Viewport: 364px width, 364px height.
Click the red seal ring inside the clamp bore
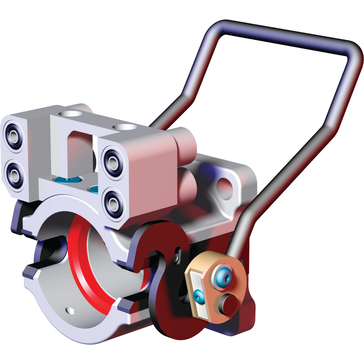tap(84, 270)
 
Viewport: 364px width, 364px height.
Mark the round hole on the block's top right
tap(124, 127)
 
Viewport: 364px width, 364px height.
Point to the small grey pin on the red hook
tap(178, 257)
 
